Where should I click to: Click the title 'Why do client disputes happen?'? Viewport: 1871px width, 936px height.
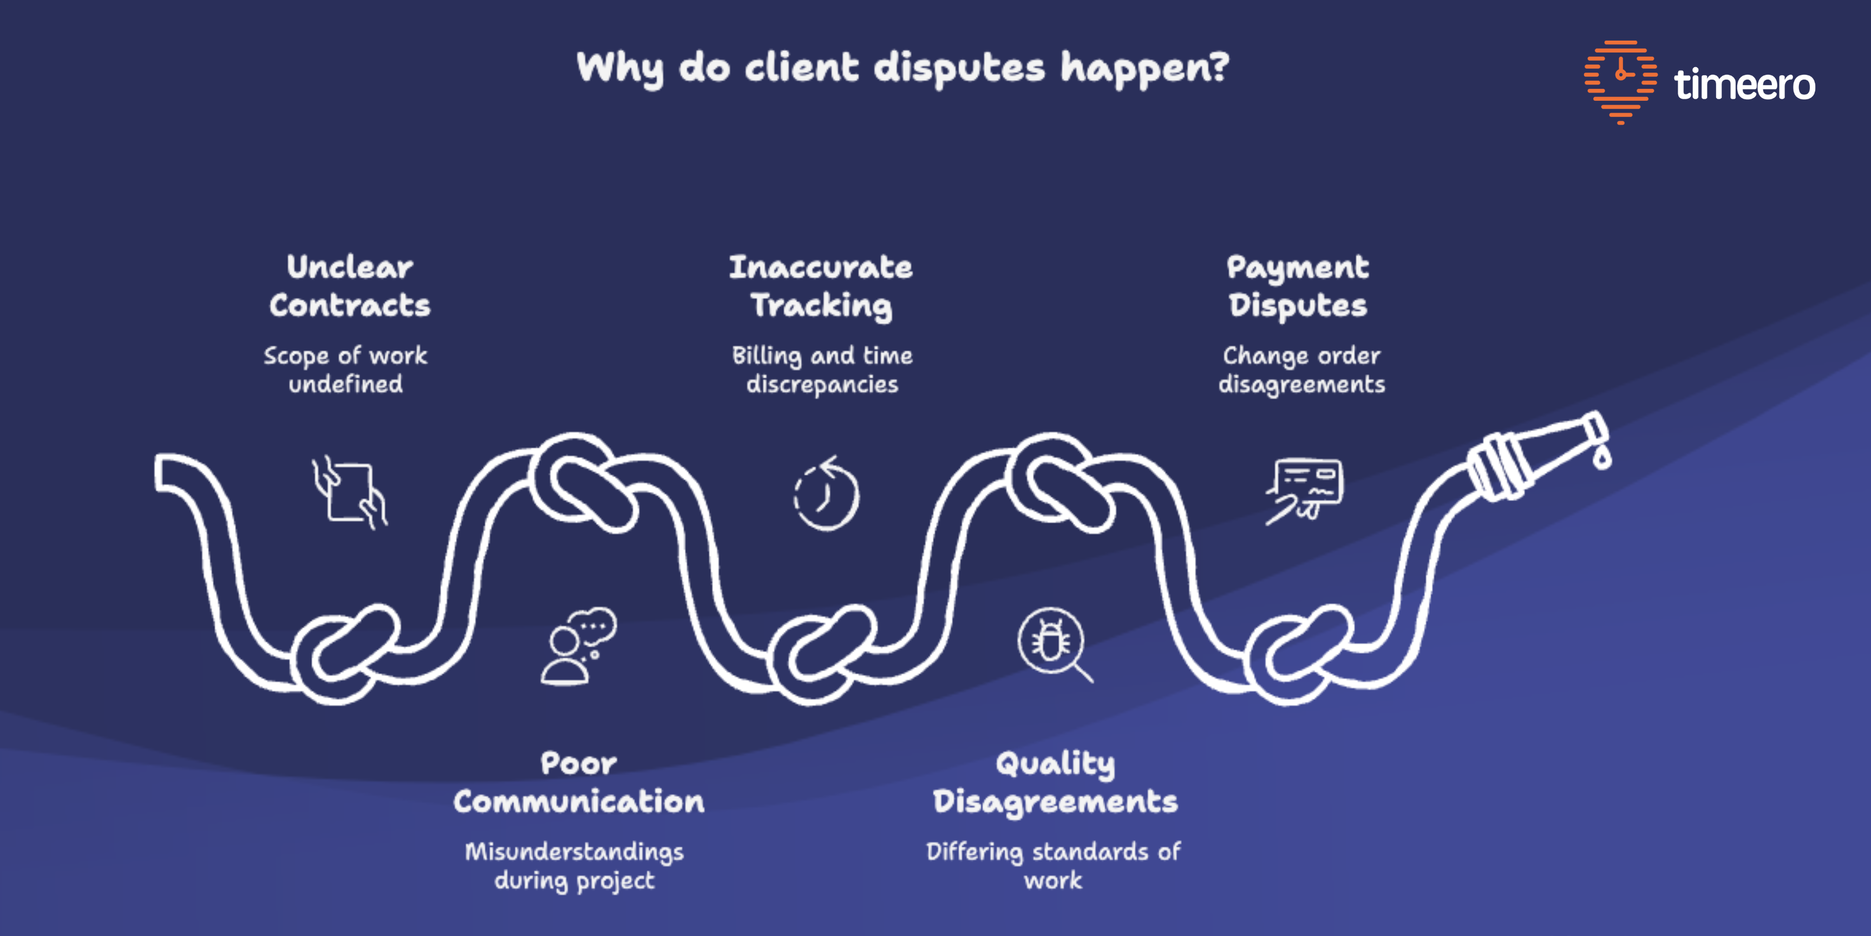(x=902, y=68)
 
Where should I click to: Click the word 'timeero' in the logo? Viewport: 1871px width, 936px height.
(x=1744, y=85)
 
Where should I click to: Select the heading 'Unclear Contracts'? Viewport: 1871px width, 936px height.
(x=349, y=285)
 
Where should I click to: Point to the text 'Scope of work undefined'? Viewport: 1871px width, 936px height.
(x=346, y=370)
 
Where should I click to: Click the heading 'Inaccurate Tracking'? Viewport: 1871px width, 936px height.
(x=821, y=285)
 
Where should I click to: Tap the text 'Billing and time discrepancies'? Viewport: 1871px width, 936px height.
(x=822, y=370)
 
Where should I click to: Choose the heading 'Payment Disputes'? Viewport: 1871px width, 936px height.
(x=1298, y=285)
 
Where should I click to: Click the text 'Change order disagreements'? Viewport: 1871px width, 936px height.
(x=1301, y=370)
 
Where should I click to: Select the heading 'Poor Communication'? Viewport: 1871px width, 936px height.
(x=579, y=782)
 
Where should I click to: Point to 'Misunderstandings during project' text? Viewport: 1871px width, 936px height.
(x=574, y=866)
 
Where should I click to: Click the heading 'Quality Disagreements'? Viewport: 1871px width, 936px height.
(x=1055, y=782)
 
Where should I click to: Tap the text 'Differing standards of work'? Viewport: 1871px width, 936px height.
(x=1053, y=866)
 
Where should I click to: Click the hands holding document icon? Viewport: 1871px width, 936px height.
(x=349, y=492)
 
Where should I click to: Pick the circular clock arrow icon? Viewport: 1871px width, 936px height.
(x=826, y=494)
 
